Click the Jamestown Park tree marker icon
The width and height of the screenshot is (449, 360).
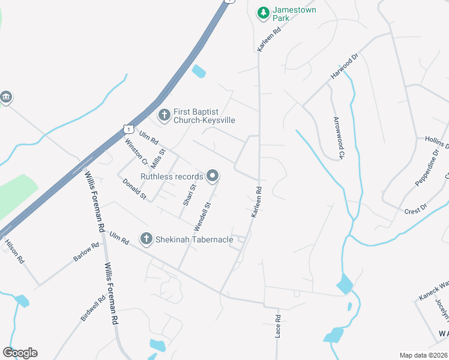263,13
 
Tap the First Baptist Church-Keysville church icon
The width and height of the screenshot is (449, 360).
163,114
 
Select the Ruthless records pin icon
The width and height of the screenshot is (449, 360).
212,176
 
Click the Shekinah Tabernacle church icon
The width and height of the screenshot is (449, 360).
146,239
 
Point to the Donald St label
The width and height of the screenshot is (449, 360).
134,188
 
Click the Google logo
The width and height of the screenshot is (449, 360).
20,353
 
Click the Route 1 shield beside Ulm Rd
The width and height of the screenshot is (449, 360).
127,128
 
